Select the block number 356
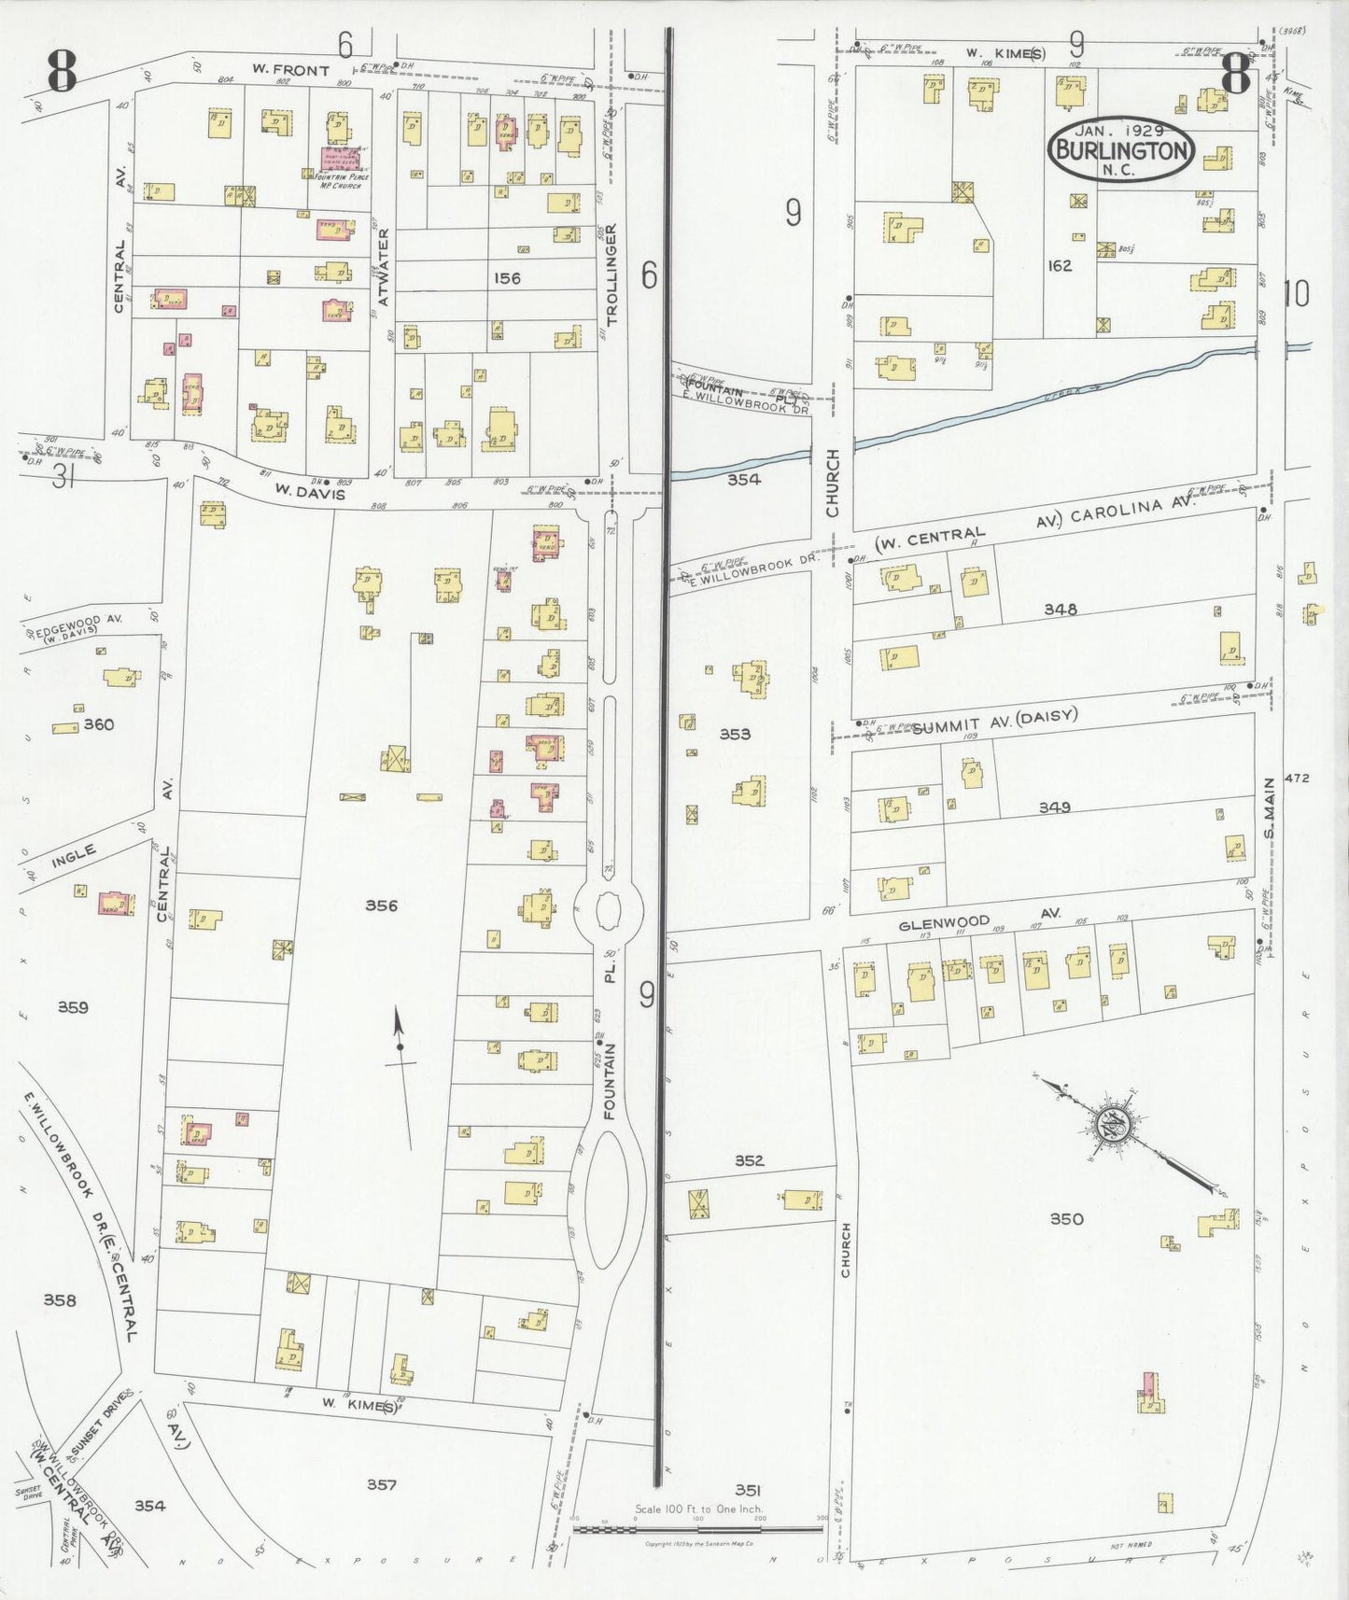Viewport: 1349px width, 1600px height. [x=381, y=905]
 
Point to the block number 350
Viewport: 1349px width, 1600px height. [x=1066, y=1218]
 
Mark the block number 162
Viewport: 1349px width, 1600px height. [x=1060, y=266]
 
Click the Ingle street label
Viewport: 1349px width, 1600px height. [x=75, y=854]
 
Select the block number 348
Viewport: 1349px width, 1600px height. [x=1061, y=610]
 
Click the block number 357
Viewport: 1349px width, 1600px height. [x=382, y=1484]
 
